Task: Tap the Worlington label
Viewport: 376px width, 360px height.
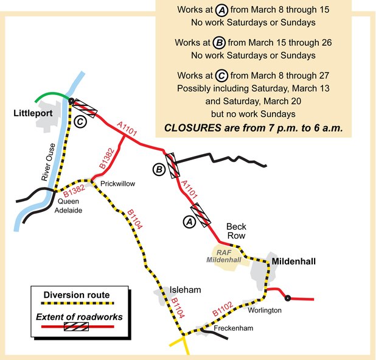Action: click(265, 310)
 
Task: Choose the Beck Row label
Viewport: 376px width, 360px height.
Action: click(236, 230)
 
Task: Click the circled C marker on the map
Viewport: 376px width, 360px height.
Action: click(80, 121)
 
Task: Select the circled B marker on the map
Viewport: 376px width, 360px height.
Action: click(158, 171)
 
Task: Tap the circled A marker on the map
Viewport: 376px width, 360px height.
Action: click(189, 222)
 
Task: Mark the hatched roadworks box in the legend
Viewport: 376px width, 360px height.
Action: click(76, 326)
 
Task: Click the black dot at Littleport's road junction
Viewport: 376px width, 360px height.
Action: click(71, 101)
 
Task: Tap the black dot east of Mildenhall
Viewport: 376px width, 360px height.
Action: click(287, 298)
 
